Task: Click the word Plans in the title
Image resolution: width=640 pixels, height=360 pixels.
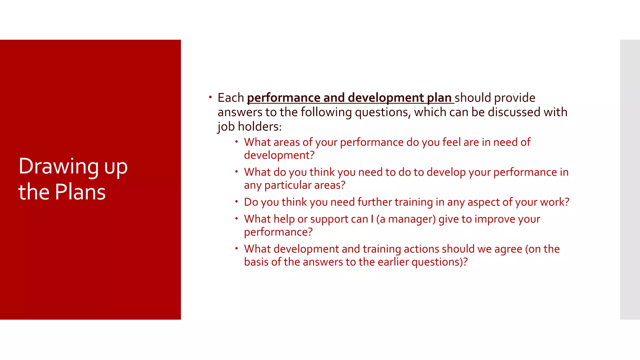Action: [80, 192]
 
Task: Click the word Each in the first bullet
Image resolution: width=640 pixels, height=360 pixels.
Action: [231, 98]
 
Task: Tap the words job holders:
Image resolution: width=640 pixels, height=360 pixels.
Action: [250, 127]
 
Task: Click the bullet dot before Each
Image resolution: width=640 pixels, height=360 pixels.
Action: [210, 97]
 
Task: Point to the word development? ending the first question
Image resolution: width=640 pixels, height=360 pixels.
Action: [279, 155]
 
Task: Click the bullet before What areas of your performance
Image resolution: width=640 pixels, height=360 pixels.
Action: [237, 142]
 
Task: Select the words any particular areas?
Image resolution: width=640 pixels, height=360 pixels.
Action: [295, 185]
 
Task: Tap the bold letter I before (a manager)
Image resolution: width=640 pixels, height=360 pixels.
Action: [372, 219]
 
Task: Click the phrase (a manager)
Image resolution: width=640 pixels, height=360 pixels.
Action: [406, 219]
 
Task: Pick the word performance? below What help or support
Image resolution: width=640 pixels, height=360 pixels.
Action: [278, 232]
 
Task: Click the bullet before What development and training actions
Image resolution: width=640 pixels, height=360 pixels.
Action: [237, 249]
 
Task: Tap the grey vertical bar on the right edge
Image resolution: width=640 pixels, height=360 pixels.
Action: [630, 180]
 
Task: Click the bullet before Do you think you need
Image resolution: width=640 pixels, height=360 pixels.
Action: [237, 202]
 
